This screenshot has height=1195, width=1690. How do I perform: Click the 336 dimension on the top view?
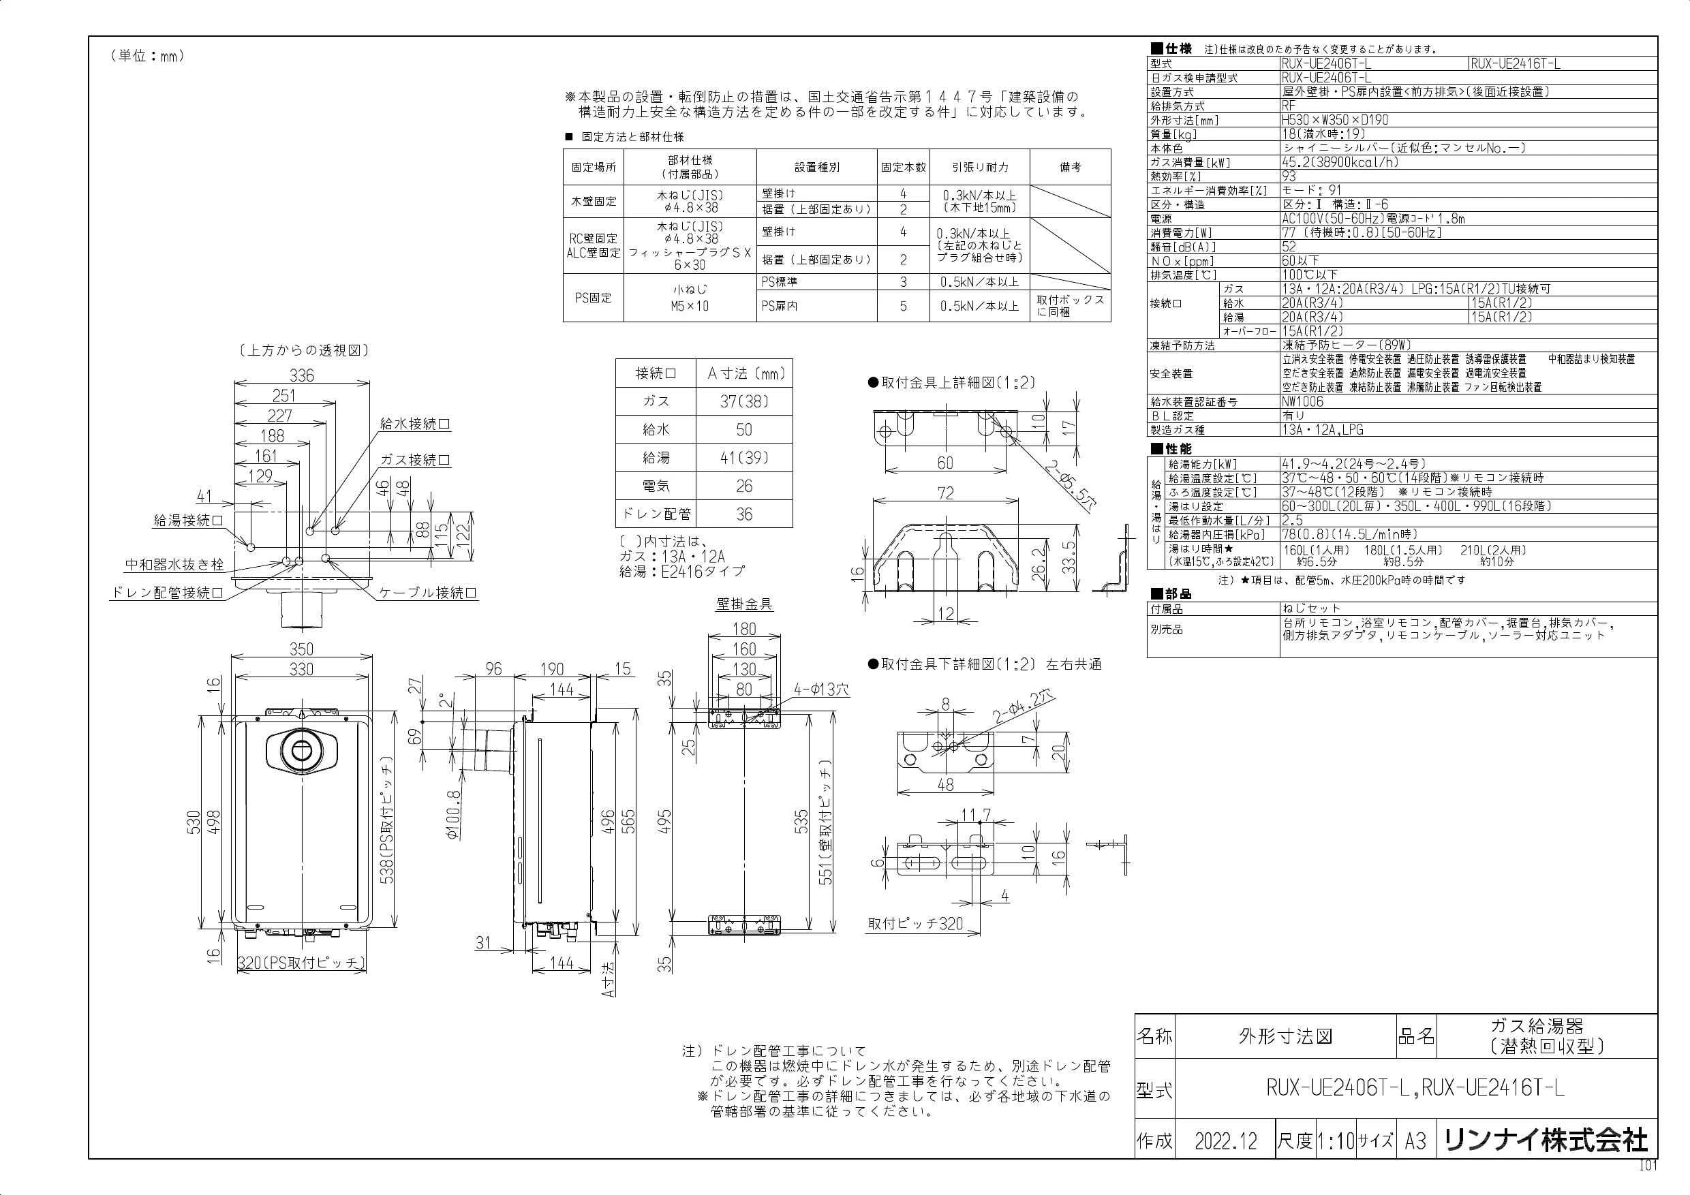[x=301, y=376]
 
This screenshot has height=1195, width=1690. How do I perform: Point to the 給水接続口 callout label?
[x=415, y=424]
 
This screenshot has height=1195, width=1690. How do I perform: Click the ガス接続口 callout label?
[x=415, y=461]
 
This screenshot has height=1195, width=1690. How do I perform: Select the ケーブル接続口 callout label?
[x=429, y=592]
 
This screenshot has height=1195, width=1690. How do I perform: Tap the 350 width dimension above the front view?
[x=301, y=649]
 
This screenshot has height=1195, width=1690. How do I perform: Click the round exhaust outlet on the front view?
[x=302, y=751]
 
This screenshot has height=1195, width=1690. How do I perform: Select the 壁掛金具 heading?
[x=744, y=604]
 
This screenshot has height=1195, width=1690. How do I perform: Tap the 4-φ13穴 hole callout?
[x=820, y=689]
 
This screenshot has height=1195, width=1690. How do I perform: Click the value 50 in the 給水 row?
[x=744, y=430]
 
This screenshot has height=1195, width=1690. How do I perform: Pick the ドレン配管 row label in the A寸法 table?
[x=656, y=514]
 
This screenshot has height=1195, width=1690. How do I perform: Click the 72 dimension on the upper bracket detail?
[x=946, y=493]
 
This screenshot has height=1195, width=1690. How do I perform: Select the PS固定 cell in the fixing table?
[x=594, y=298]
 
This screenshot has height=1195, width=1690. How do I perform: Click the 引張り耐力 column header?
[x=979, y=167]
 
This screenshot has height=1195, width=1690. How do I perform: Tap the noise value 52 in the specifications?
[x=1289, y=247]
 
